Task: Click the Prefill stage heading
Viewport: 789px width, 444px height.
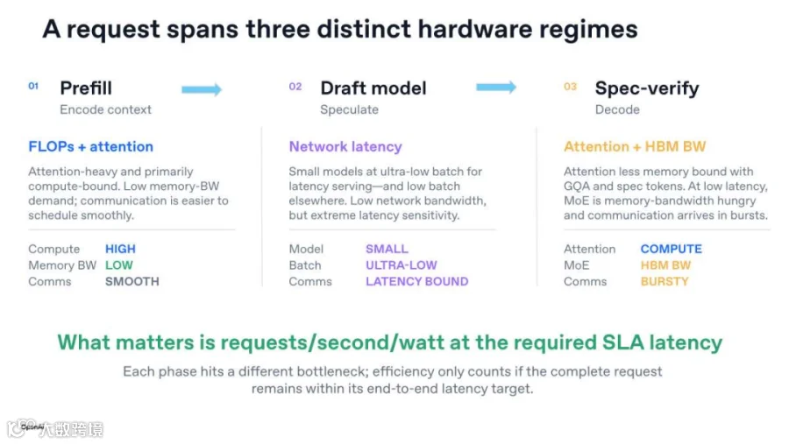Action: [86, 88]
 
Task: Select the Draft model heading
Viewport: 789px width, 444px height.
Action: [373, 88]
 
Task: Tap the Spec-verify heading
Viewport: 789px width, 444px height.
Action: [647, 88]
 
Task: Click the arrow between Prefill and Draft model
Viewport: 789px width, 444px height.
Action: [202, 89]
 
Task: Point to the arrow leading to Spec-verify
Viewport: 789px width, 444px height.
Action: [496, 87]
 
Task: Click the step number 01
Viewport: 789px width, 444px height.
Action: [33, 86]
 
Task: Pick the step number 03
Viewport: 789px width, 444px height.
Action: [570, 87]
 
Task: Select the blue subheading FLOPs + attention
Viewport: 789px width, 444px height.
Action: [90, 146]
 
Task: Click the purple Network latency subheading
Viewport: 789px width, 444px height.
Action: [345, 146]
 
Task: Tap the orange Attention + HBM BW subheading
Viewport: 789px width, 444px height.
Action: [635, 146]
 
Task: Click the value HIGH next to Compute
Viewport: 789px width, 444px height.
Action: [120, 249]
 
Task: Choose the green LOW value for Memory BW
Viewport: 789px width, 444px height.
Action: [118, 265]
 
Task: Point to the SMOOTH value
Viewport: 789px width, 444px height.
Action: [131, 282]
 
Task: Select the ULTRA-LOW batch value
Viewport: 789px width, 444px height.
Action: [401, 265]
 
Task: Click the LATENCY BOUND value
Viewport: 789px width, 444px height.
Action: [416, 282]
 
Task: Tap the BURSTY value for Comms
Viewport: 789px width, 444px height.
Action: [665, 282]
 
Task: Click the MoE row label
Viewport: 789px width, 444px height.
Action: [576, 265]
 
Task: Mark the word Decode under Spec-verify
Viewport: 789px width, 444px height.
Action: [617, 109]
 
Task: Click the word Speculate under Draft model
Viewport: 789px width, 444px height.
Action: [349, 109]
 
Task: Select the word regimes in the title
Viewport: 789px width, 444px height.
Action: [588, 29]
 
